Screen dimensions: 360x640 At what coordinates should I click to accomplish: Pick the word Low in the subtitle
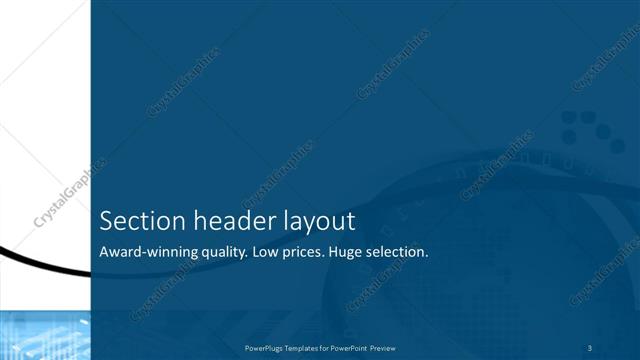(266, 252)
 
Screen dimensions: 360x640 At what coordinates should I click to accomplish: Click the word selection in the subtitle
(400, 252)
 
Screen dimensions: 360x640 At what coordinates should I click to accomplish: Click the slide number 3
(592, 348)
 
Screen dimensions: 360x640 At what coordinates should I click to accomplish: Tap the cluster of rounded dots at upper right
(579, 127)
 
